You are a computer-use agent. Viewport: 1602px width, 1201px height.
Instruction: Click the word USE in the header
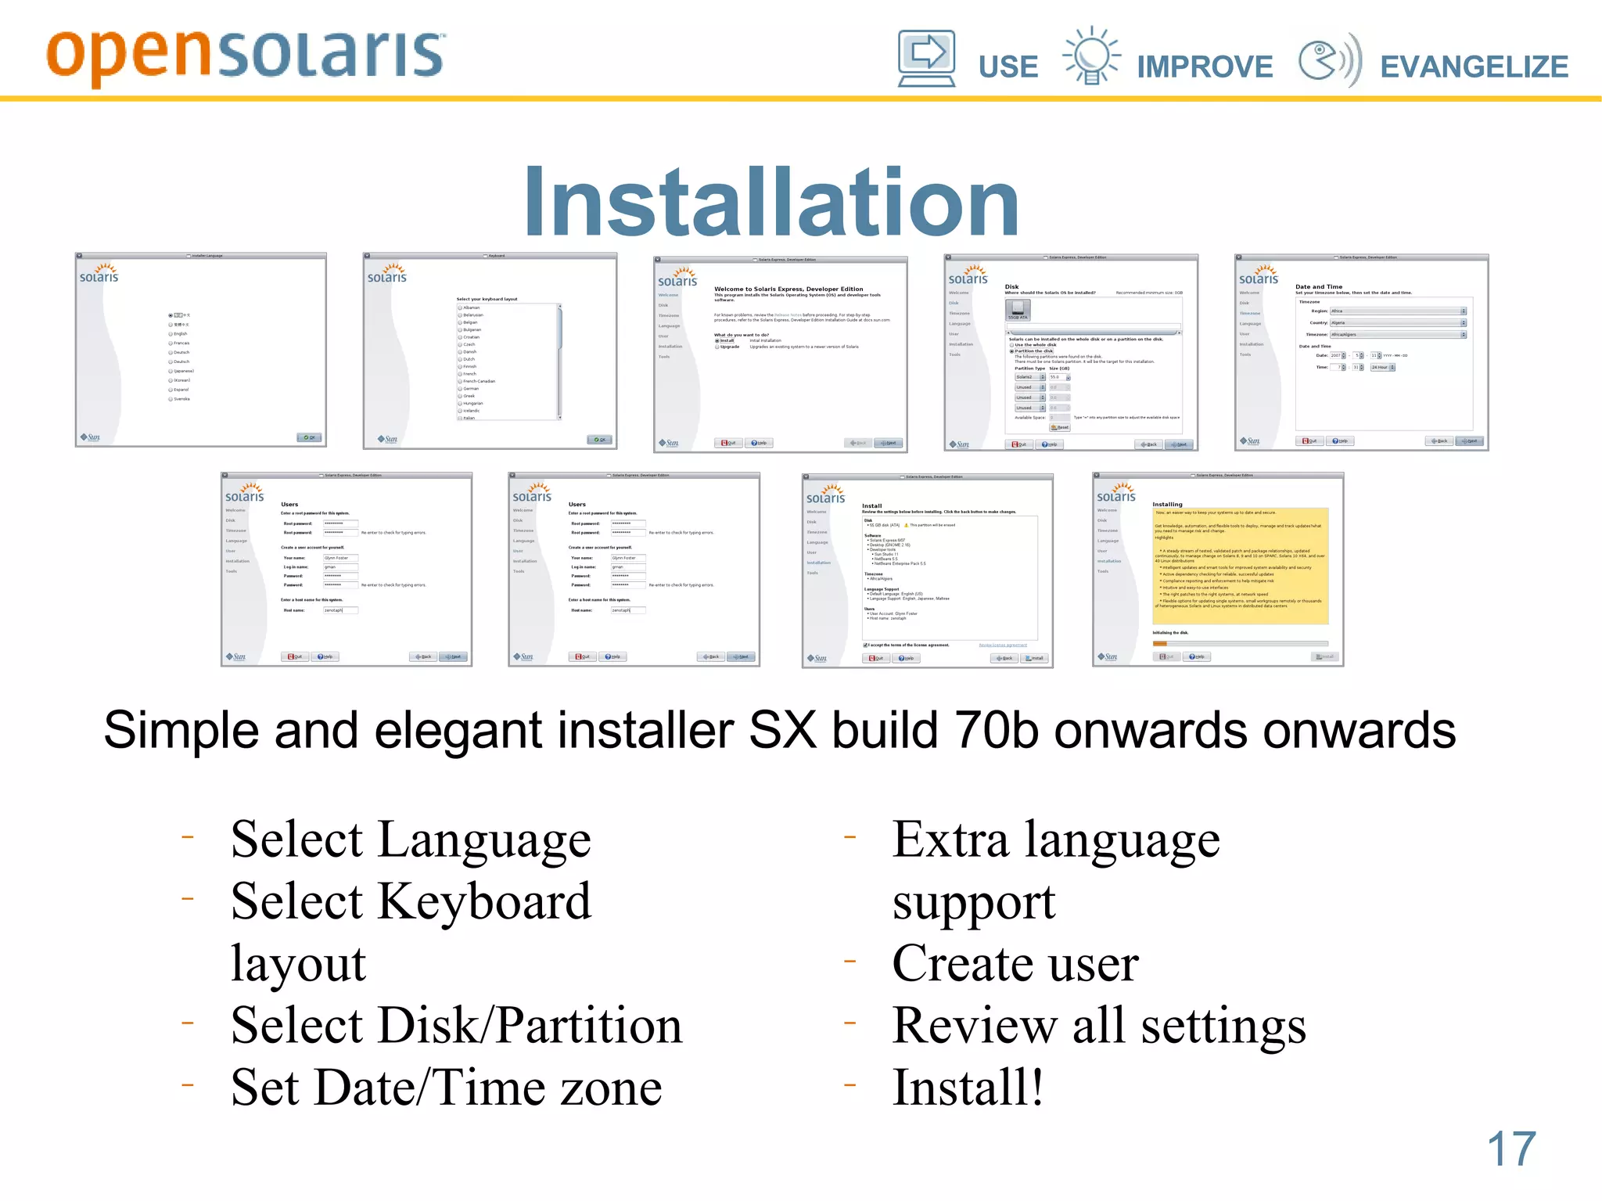pos(1008,67)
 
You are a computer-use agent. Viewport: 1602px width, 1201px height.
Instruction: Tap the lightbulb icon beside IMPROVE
pos(1091,56)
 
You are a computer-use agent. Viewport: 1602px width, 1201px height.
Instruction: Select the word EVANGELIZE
pos(1474,67)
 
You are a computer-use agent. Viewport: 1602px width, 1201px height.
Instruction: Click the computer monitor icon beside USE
pos(926,57)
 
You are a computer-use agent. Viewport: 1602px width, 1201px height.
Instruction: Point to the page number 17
pos(1510,1149)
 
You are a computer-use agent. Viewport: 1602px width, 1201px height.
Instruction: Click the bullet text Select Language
pos(411,840)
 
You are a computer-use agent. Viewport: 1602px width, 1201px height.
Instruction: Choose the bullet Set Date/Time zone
pos(446,1088)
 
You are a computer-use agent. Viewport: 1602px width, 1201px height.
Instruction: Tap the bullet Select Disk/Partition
pos(456,1025)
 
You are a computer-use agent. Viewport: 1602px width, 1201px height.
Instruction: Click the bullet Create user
pos(1015,963)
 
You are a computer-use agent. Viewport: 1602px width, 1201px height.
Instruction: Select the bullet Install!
pos(968,1088)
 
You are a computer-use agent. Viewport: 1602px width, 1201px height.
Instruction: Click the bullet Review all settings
pos(1098,1025)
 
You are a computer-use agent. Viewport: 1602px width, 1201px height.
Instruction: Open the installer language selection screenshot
pos(200,350)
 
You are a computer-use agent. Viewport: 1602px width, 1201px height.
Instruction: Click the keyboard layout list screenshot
pos(490,351)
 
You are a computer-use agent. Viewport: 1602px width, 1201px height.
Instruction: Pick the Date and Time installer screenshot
pos(1361,352)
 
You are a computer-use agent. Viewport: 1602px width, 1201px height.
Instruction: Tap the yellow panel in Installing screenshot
pos(1240,566)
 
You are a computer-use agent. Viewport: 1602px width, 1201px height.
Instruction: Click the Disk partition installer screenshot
pos(1071,352)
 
